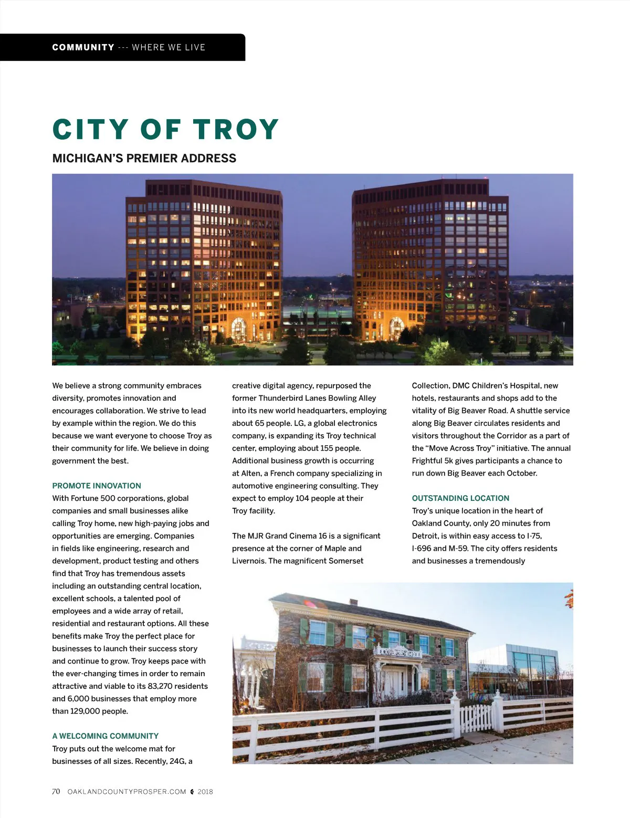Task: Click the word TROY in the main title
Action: click(236, 129)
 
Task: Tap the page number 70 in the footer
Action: click(56, 791)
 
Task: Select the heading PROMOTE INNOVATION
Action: click(97, 486)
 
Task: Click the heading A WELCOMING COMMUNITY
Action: click(105, 736)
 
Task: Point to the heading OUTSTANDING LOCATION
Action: click(460, 498)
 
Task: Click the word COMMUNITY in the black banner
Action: click(83, 47)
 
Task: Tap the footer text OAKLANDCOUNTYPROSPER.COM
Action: click(127, 792)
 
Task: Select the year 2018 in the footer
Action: click(205, 792)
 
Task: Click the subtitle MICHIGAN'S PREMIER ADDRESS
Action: click(144, 158)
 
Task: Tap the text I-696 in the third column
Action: click(422, 548)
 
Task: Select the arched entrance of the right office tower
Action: click(396, 328)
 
